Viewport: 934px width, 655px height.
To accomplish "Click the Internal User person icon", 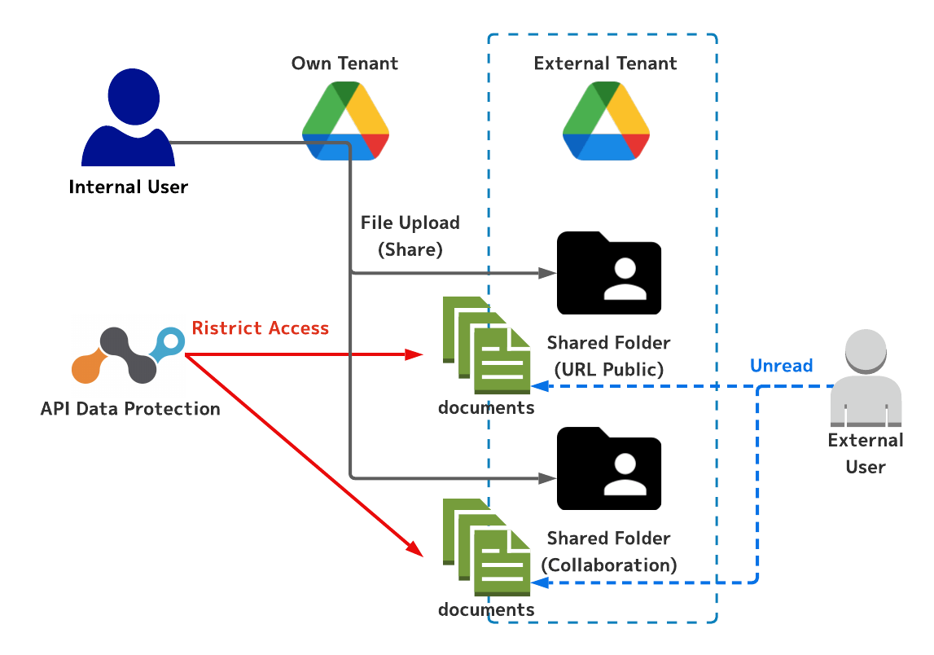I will pos(128,118).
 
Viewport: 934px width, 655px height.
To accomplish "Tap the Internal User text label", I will pos(128,187).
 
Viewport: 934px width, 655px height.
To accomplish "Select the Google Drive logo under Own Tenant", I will pos(345,121).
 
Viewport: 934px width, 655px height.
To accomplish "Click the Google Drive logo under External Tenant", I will pos(606,121).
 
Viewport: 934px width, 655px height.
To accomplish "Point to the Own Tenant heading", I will pos(345,64).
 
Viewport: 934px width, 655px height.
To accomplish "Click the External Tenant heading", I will pos(605,64).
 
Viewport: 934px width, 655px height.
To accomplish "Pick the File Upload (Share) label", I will pos(410,236).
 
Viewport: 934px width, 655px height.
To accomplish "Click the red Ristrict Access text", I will pos(261,328).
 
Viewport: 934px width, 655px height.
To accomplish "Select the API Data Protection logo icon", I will pos(129,356).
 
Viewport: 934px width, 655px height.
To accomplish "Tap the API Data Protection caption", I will pos(130,409).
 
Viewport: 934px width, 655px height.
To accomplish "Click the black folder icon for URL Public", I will pos(608,274).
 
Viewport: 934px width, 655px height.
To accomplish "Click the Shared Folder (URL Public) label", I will pos(608,356).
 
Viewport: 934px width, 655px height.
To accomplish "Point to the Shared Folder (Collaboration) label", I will pos(608,552).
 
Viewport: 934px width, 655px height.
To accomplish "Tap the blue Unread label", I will pos(781,366).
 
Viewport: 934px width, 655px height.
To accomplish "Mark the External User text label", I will pos(865,454).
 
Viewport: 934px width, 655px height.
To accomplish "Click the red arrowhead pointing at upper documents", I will pos(416,354).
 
